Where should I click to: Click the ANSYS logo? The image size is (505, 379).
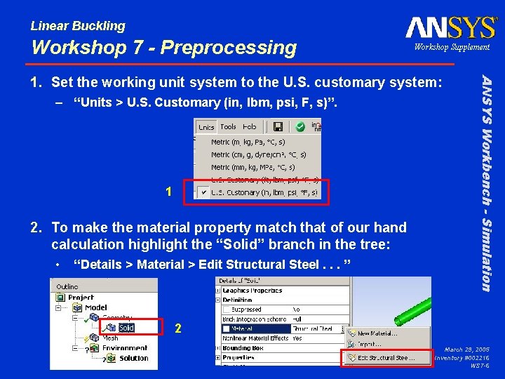click(x=450, y=27)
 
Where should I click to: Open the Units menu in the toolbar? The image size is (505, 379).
click(x=206, y=127)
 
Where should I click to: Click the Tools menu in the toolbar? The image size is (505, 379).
click(x=228, y=127)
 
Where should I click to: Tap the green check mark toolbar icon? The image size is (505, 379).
click(x=299, y=127)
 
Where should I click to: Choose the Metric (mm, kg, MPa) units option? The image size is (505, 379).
click(x=252, y=167)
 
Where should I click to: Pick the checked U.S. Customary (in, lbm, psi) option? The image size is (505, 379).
click(x=264, y=192)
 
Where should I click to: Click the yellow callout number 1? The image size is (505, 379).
click(x=168, y=192)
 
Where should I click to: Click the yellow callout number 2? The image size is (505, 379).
click(x=178, y=328)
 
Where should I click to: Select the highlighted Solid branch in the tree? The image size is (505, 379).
click(x=126, y=328)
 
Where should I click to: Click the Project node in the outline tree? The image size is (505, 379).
click(x=81, y=297)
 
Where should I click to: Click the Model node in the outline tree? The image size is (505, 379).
click(x=95, y=307)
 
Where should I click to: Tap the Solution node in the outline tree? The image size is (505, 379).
click(x=133, y=358)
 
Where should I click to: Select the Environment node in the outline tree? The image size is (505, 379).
click(x=125, y=347)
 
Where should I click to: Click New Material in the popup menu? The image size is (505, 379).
click(x=377, y=333)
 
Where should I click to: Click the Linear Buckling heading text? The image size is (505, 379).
click(x=78, y=26)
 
